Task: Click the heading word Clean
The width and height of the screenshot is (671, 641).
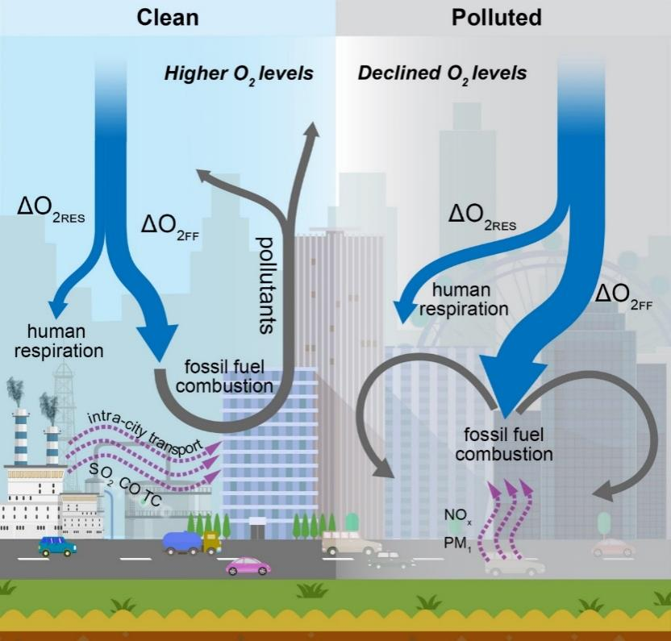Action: pyautogui.click(x=167, y=16)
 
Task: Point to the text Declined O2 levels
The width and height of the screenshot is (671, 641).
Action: pyautogui.click(x=442, y=74)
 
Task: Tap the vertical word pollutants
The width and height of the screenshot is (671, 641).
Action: pyautogui.click(x=265, y=285)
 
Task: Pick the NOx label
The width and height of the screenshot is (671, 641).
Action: pyautogui.click(x=455, y=513)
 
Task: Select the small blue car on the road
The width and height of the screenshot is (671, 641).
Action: pyautogui.click(x=57, y=546)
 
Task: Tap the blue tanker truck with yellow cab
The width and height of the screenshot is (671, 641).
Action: pyautogui.click(x=191, y=542)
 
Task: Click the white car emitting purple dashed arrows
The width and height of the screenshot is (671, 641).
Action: pyautogui.click(x=515, y=567)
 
